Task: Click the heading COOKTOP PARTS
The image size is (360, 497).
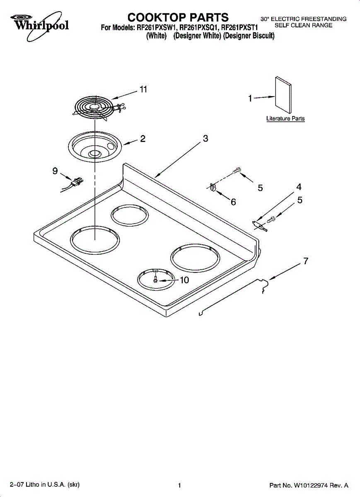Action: (x=178, y=17)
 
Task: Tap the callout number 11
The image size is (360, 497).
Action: (x=143, y=89)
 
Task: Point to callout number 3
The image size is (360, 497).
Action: (x=205, y=139)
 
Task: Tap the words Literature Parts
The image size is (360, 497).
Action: (x=285, y=119)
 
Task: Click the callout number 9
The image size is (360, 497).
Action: (x=55, y=170)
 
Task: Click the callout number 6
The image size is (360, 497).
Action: (x=233, y=202)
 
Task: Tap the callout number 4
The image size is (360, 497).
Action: (x=299, y=187)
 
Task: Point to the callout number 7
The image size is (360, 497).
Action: (x=306, y=261)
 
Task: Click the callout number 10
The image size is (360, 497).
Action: (x=184, y=280)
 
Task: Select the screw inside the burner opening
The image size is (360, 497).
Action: (x=155, y=280)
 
